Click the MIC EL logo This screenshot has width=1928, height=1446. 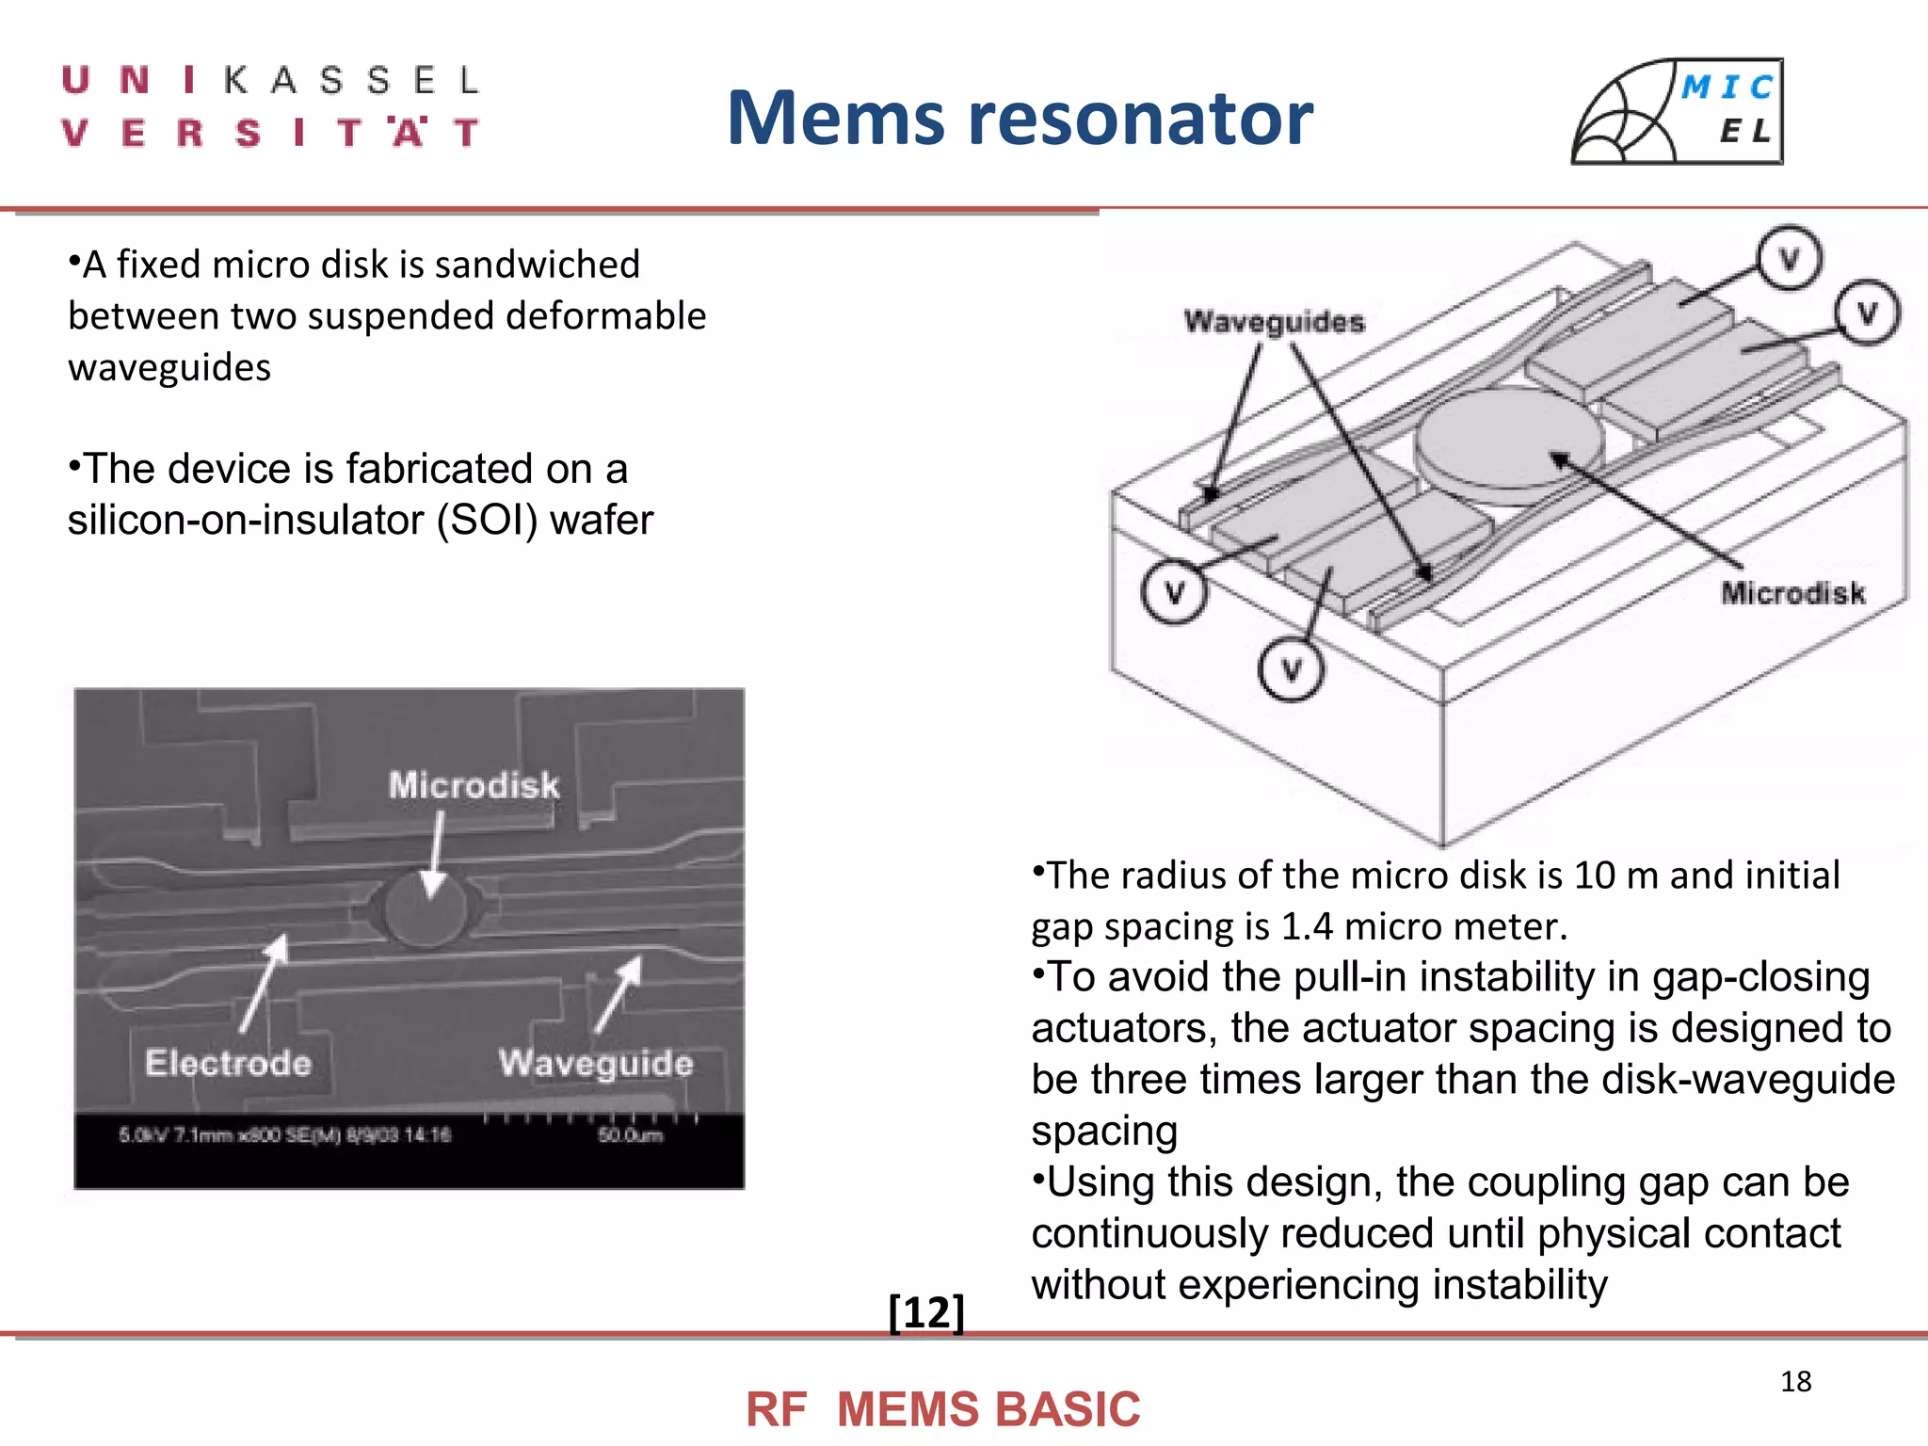pos(1678,112)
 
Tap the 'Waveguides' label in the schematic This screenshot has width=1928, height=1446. pos(1274,322)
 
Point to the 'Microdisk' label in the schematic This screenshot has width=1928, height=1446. pos(1792,593)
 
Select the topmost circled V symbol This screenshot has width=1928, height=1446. pos(1789,257)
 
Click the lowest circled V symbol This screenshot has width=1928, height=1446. pos(1291,669)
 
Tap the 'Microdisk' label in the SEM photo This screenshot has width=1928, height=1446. pos(474,785)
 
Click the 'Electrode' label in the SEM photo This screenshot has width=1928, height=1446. pos(228,1063)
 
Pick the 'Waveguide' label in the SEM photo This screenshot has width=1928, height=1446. pos(596,1063)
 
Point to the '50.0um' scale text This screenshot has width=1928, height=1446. pos(630,1135)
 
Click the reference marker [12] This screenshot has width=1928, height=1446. pos(926,1311)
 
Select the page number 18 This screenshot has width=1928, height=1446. pos(1795,1381)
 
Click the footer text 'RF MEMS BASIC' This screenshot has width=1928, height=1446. pos(942,1409)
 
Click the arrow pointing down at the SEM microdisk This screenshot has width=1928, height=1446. pos(435,857)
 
